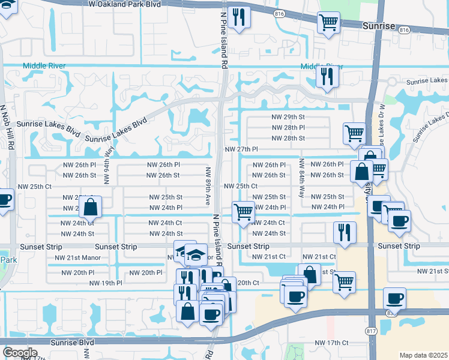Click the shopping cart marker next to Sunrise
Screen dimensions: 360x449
[x=328, y=22]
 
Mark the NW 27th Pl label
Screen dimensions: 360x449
[x=241, y=149]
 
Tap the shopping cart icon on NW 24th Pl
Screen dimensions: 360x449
[x=243, y=212]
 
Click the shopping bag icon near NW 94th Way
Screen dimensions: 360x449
[x=90, y=208]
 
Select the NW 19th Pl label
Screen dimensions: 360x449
[x=106, y=283]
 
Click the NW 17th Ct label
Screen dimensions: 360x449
[x=331, y=343]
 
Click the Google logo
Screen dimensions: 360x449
[x=20, y=352]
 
